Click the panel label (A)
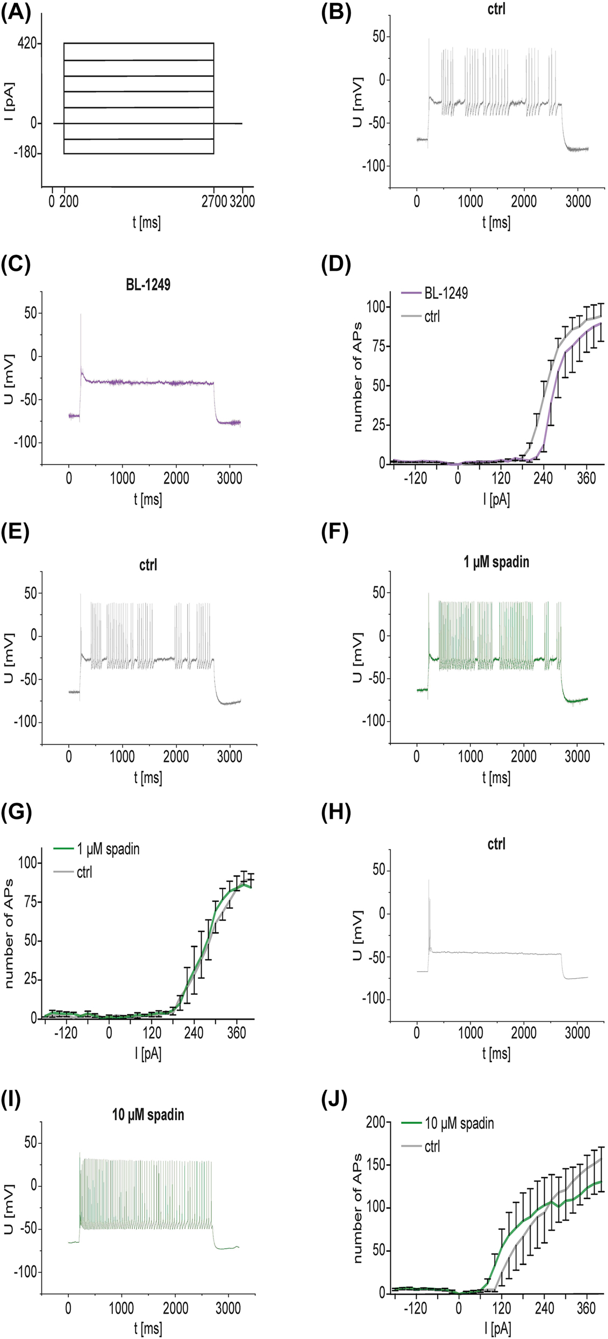coord(17,12)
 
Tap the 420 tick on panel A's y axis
coord(26,43)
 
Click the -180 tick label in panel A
coord(25,153)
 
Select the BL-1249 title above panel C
coord(148,284)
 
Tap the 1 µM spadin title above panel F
coord(496,562)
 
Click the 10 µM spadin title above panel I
coord(148,1115)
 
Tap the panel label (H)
coord(336,813)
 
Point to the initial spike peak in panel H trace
coord(428,880)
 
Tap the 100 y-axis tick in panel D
coord(376,307)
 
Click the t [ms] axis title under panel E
coord(148,778)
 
